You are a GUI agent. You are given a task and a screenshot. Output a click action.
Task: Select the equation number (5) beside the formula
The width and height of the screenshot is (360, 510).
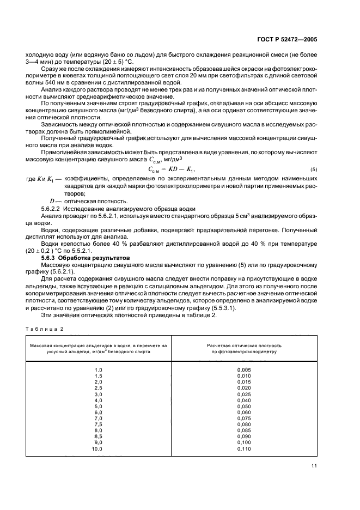[314, 169]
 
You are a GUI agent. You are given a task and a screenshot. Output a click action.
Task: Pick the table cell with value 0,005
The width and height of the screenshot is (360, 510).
[244, 370]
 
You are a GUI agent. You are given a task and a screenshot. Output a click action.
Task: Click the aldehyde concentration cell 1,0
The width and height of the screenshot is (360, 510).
[99, 370]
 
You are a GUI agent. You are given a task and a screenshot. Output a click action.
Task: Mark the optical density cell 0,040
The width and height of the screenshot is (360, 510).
[244, 400]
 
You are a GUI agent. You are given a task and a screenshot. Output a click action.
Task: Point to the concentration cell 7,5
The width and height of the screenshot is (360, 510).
[99, 424]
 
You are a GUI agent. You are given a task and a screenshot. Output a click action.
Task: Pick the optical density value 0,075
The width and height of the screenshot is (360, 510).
[244, 418]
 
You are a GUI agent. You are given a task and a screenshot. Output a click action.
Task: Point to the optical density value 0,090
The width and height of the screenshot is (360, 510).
[244, 436]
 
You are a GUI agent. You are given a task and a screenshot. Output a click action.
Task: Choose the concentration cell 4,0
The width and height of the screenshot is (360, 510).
[99, 400]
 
